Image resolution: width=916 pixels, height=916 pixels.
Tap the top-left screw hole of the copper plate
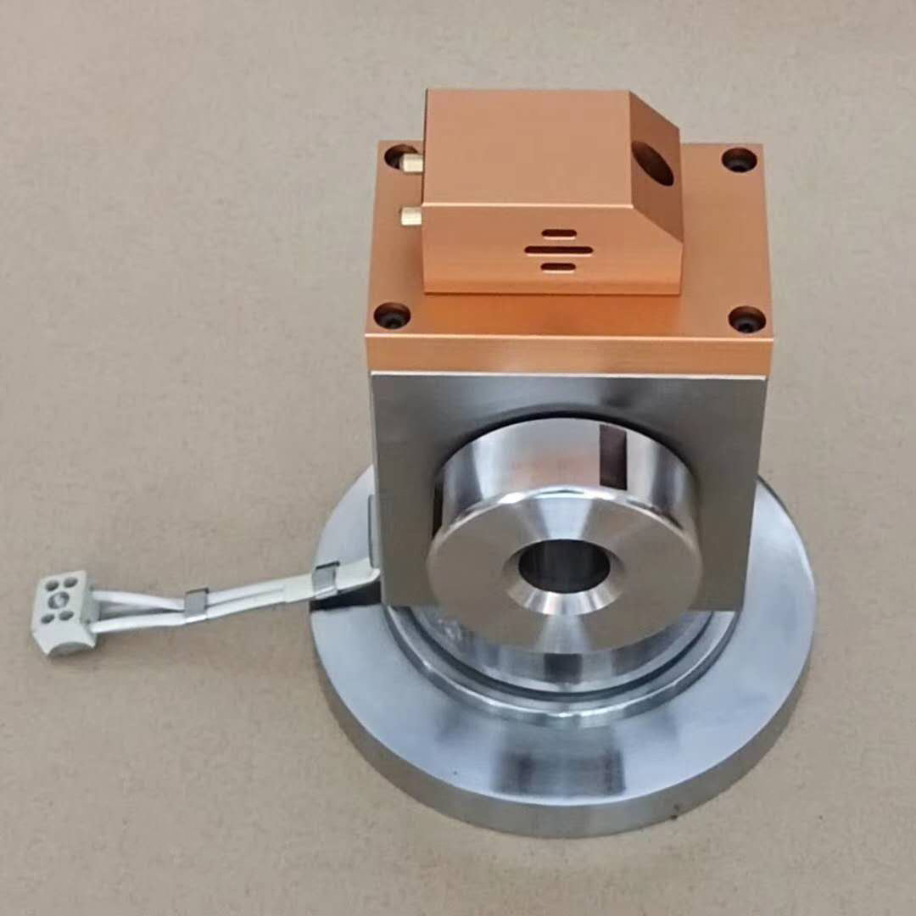pos(399,156)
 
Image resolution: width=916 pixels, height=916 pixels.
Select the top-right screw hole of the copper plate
pos(739,159)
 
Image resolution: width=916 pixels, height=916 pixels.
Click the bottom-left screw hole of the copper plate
pos(392,316)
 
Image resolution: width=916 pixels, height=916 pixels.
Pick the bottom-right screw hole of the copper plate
pos(746,319)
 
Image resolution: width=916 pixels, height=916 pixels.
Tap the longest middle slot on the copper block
pos(557,250)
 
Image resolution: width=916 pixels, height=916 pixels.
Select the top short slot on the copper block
pos(559,233)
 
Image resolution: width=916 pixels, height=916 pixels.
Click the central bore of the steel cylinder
pos(564,570)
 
